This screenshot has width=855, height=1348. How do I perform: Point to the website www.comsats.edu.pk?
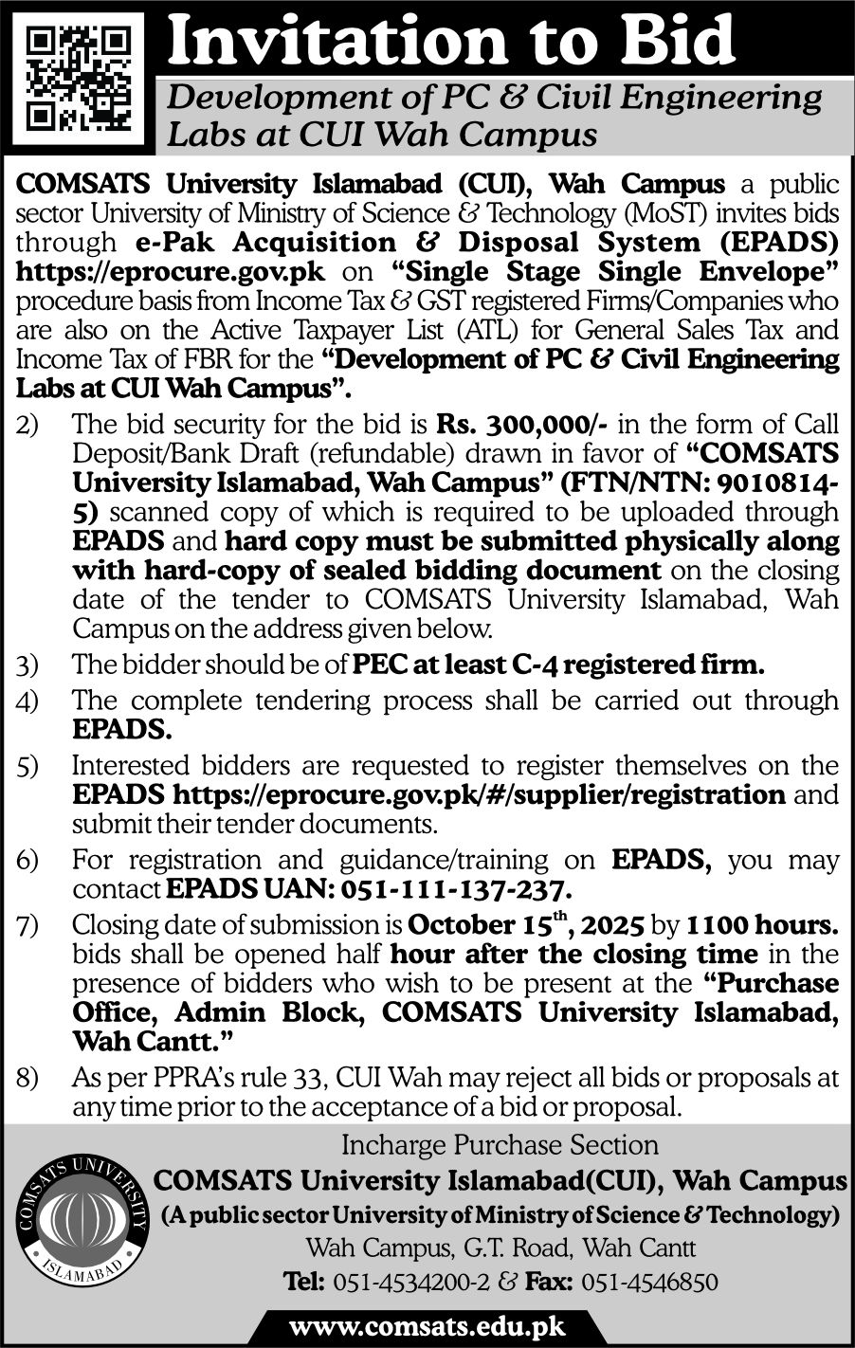pos(427,1324)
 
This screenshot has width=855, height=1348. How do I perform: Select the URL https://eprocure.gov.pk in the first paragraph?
pos(171,272)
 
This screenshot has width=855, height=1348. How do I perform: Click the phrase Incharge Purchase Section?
pos(500,1145)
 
